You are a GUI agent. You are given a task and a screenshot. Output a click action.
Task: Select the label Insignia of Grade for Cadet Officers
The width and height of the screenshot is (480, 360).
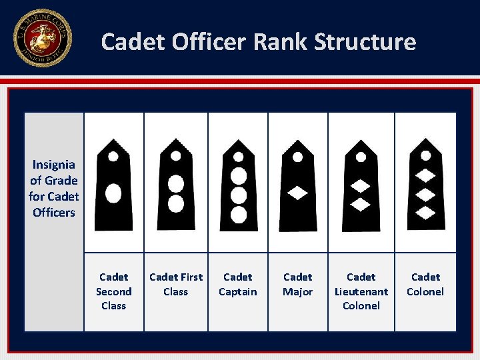click(x=53, y=189)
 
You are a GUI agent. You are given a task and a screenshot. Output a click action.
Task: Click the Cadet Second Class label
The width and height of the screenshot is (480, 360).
click(x=113, y=291)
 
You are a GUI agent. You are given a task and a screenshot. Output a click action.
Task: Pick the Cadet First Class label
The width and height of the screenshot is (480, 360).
click(x=176, y=284)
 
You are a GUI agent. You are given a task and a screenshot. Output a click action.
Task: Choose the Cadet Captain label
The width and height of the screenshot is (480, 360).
click(x=238, y=284)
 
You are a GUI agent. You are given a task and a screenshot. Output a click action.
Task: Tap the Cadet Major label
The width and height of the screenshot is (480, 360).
click(x=297, y=284)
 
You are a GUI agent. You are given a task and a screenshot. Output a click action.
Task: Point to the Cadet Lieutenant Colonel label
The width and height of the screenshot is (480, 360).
click(x=361, y=291)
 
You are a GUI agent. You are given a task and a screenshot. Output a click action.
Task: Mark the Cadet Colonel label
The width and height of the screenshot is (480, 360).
click(x=425, y=284)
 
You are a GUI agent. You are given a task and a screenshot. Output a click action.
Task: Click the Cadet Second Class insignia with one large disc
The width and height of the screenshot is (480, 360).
click(x=114, y=184)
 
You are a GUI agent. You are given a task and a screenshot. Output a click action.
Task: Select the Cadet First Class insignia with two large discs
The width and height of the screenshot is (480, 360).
click(x=176, y=184)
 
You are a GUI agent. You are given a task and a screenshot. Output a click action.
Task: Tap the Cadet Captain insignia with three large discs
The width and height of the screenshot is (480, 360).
click(x=238, y=184)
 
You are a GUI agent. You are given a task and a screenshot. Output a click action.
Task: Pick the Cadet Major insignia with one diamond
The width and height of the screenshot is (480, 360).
click(x=297, y=184)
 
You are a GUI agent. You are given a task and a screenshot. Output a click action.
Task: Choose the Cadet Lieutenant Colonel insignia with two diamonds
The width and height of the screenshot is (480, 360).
click(x=361, y=184)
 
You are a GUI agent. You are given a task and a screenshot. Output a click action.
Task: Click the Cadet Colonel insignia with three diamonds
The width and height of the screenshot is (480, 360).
click(x=425, y=184)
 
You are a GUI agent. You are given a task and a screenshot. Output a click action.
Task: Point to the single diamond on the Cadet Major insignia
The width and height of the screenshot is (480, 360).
click(x=297, y=193)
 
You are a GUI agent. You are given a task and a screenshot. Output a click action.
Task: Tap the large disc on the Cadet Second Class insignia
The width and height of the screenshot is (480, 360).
click(x=114, y=193)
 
